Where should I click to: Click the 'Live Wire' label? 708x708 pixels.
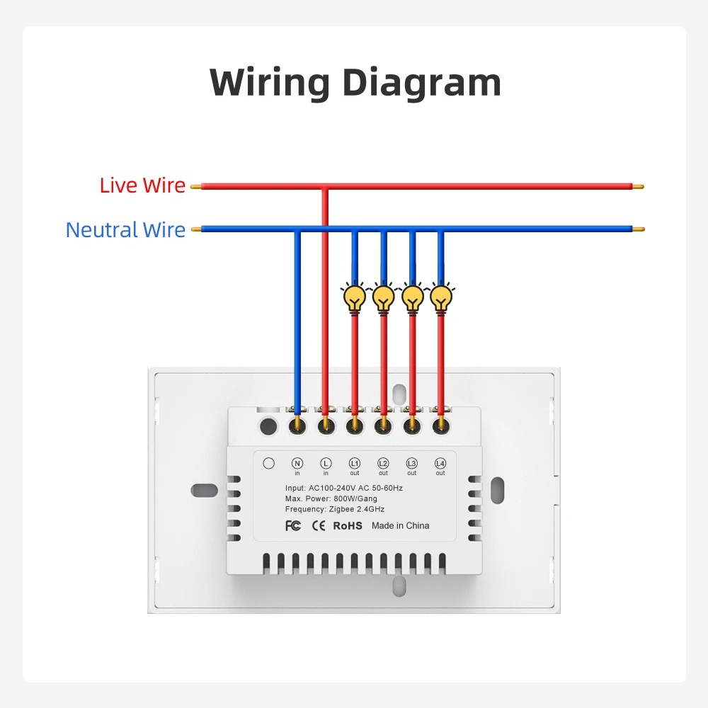142,186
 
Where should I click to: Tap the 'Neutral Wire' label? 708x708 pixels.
125,230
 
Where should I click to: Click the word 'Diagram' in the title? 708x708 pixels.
422,83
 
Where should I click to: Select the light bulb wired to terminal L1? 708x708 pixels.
354,298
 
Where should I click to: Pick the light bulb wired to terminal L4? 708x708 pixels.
440,298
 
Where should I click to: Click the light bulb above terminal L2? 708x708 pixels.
383,298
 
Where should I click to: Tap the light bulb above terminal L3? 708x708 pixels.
412,298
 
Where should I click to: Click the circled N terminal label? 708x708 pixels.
297,462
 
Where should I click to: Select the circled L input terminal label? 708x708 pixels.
326,462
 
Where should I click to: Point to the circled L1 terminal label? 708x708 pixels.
355,462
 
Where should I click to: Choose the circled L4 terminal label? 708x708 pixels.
440,462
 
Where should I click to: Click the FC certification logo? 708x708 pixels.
293,525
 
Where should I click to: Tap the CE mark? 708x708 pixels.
319,525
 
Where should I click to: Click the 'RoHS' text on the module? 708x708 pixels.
347,525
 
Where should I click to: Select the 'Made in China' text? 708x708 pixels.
400,525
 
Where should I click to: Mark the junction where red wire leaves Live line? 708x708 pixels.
326,188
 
